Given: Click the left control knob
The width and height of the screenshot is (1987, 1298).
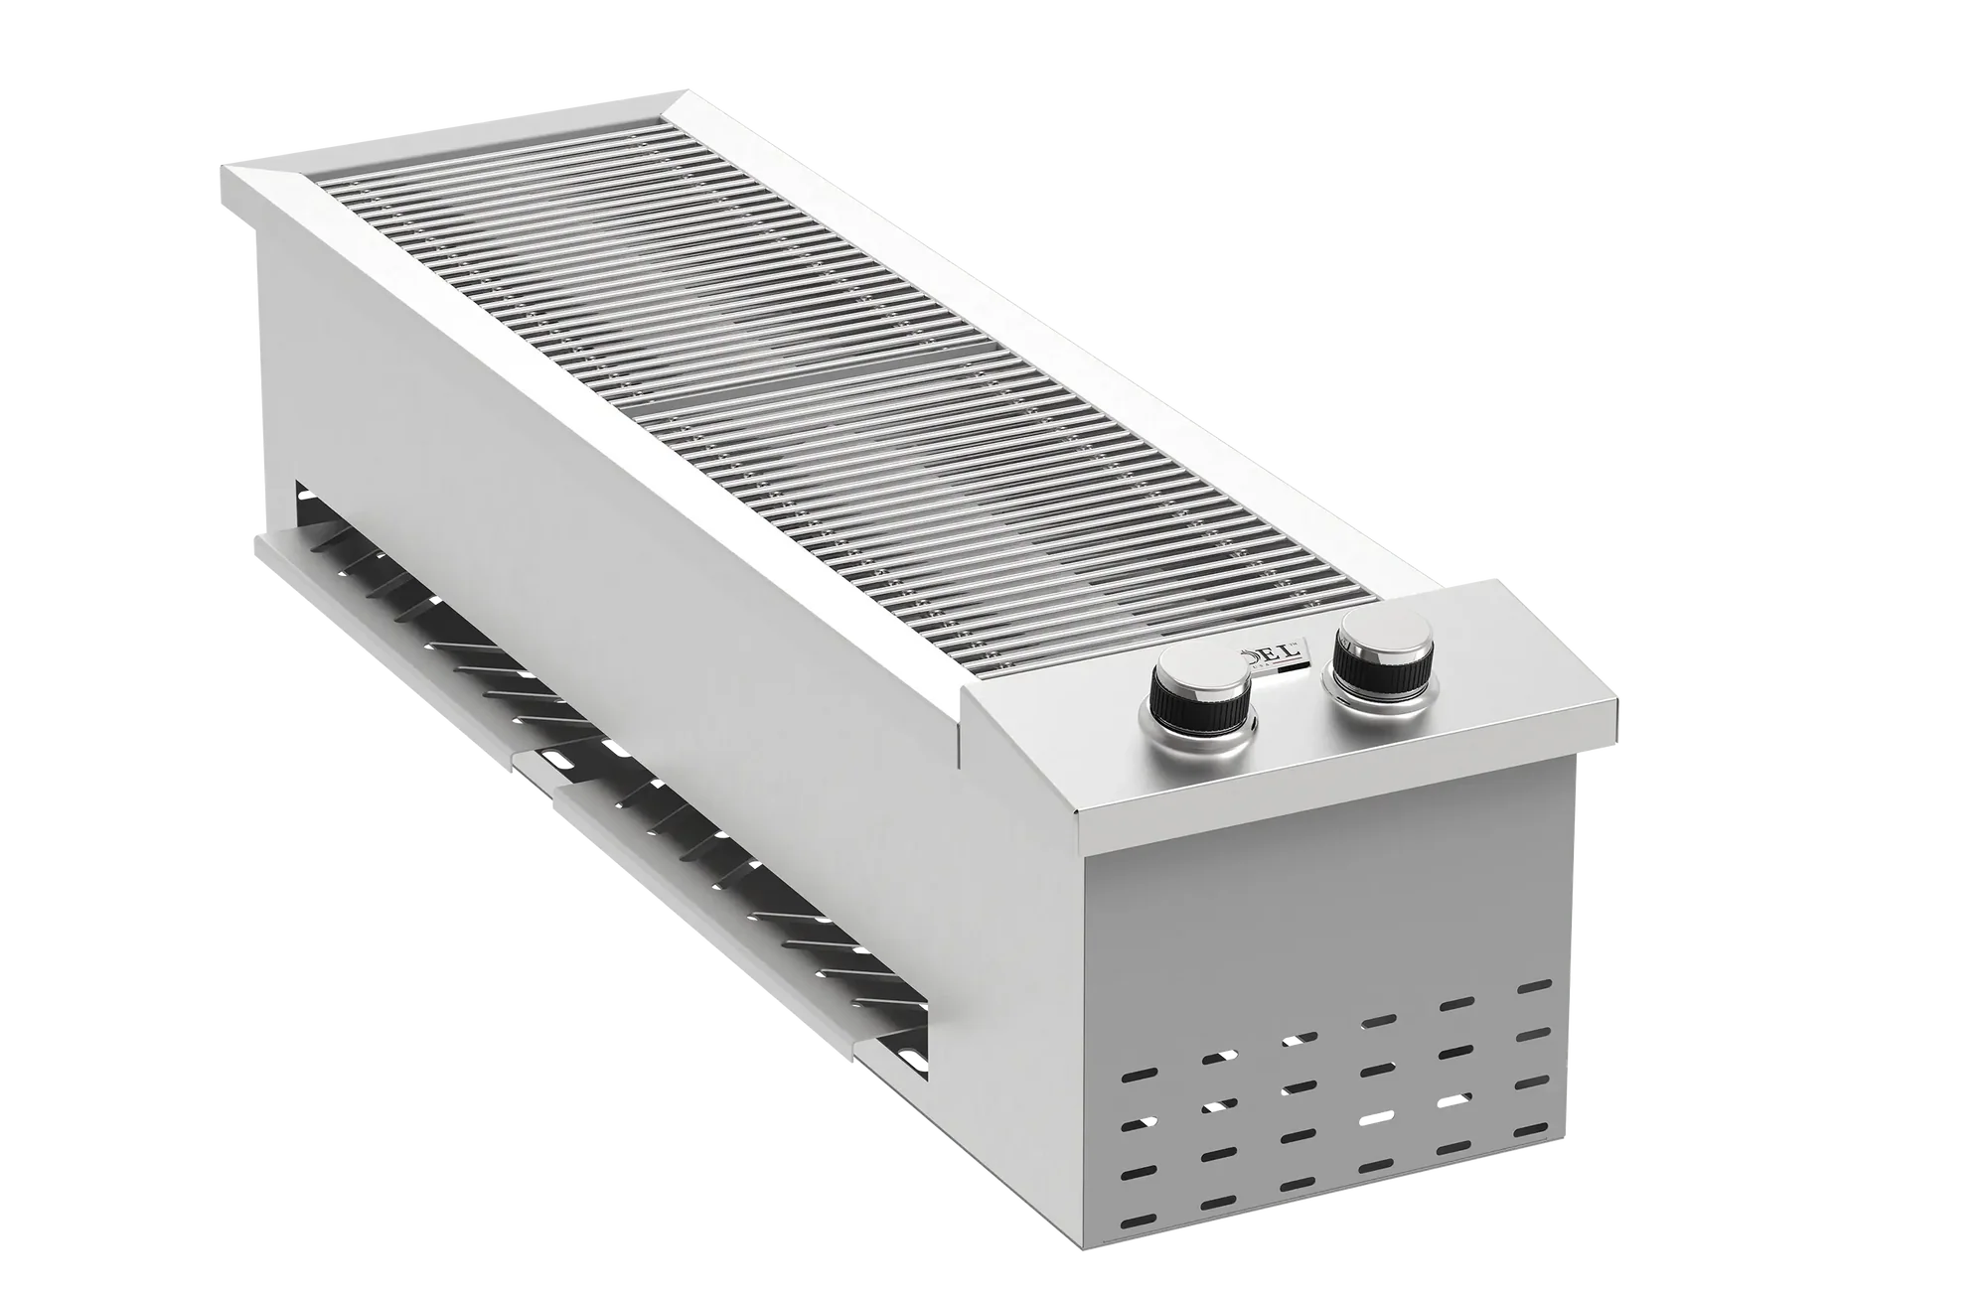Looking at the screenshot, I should coord(1200,696).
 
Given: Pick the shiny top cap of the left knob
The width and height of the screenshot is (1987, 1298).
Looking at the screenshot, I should coord(1199,681).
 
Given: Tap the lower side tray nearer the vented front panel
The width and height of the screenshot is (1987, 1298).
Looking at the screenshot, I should coord(715,874).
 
